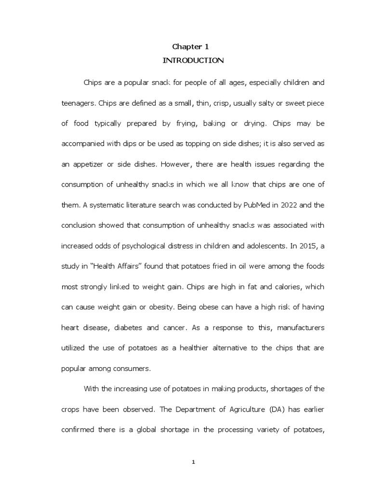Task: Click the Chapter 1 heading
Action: (191, 46)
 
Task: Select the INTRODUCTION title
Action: (193, 60)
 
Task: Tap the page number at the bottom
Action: (193, 462)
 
